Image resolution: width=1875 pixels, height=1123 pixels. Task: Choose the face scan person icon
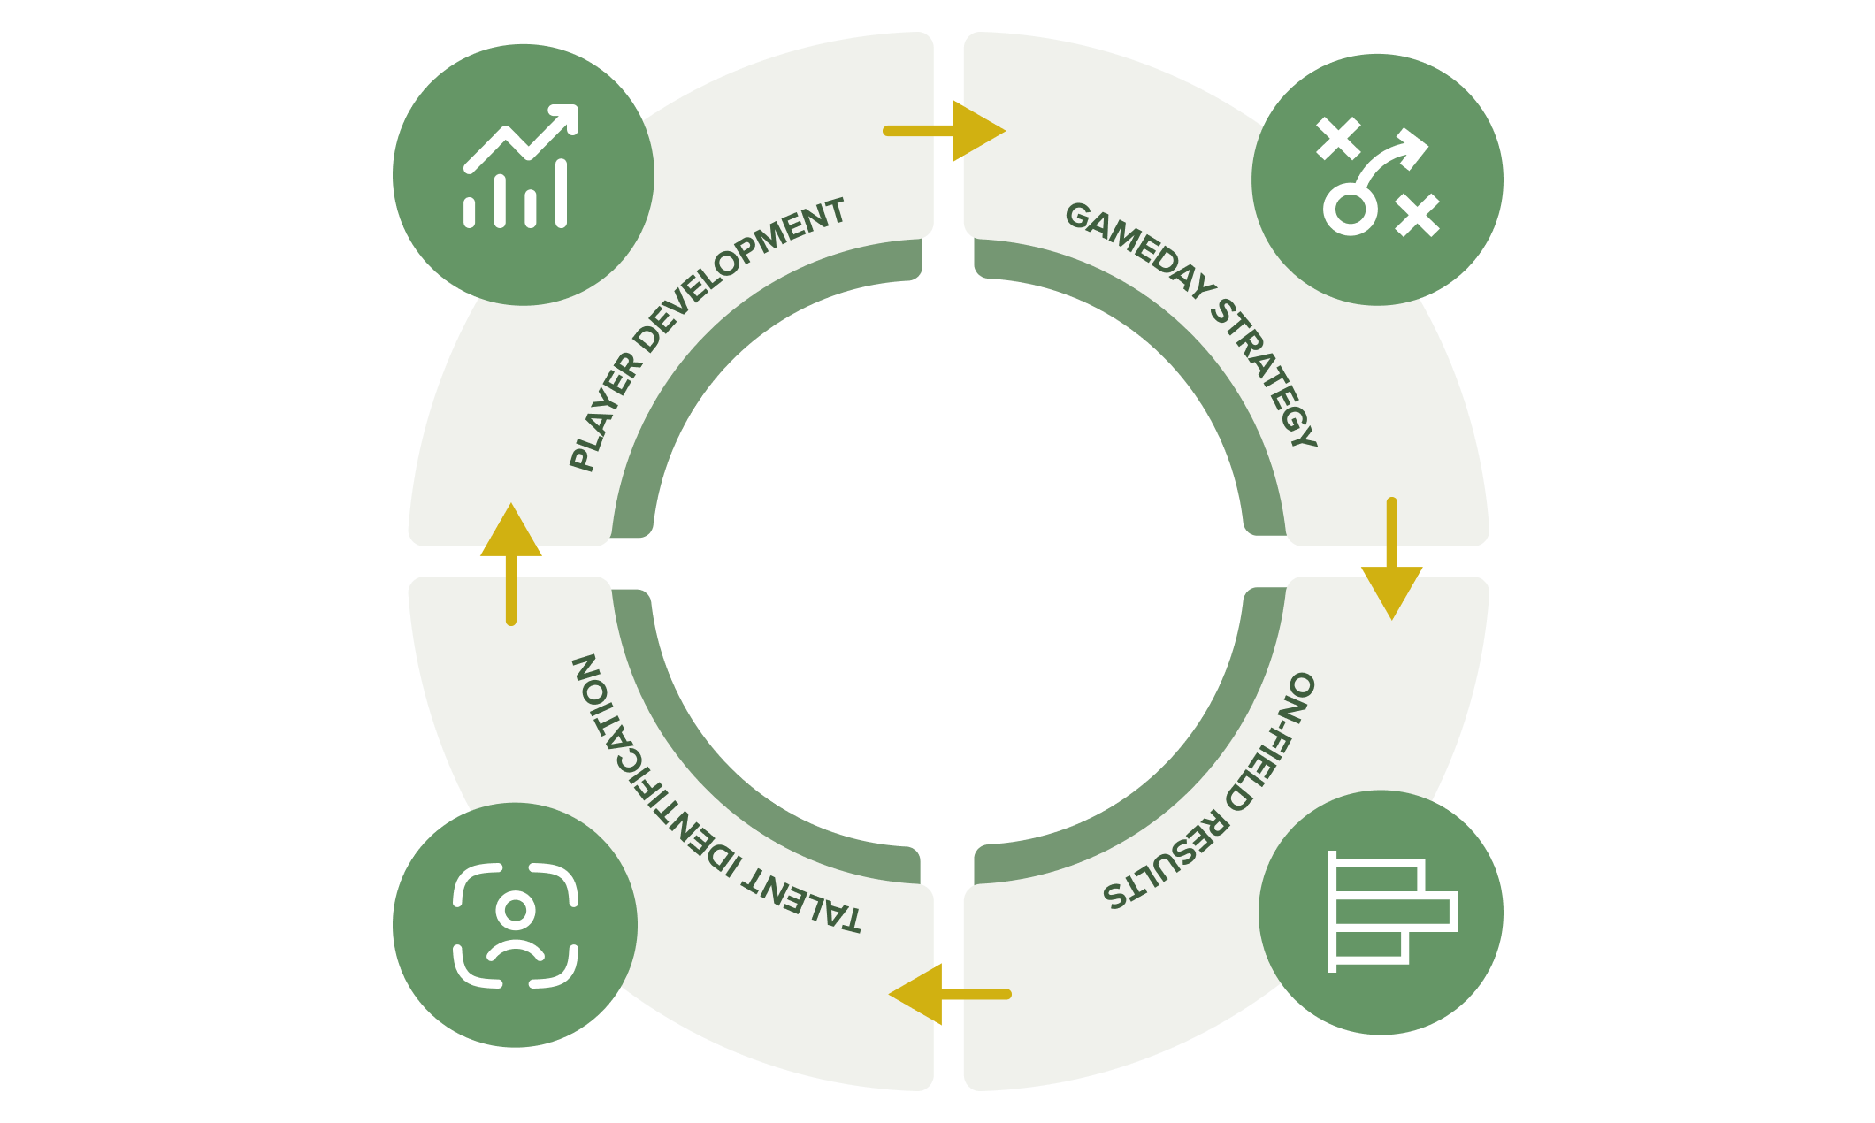click(x=516, y=925)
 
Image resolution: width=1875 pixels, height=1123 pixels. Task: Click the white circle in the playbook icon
click(x=1350, y=210)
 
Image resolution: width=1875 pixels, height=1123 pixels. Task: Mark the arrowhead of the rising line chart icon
click(x=564, y=118)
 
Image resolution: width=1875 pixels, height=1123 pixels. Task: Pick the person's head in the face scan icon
click(x=516, y=909)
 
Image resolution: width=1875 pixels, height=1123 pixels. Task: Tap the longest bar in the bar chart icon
click(x=1394, y=911)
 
